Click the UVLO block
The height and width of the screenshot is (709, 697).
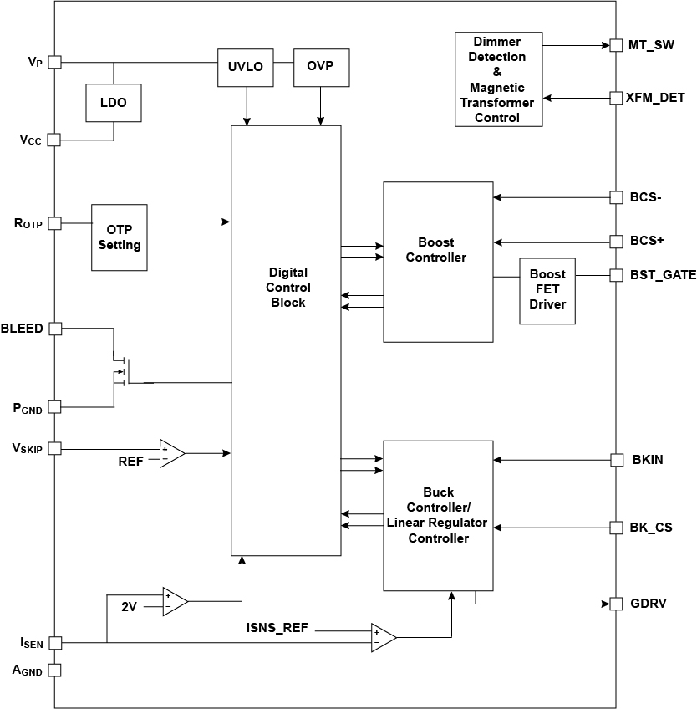click(246, 68)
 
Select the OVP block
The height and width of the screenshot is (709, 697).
click(320, 68)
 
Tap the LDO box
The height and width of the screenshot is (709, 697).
click(114, 103)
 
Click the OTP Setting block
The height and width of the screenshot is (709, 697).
click(120, 237)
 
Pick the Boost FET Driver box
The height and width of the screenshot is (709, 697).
click(547, 289)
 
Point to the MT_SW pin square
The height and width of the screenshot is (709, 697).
click(616, 45)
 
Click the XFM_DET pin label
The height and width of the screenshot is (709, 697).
click(656, 98)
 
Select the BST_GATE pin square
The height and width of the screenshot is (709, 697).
click(616, 274)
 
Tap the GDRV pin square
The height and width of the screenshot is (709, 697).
click(616, 603)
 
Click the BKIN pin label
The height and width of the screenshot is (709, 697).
click(648, 460)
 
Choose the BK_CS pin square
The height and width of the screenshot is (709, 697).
click(616, 528)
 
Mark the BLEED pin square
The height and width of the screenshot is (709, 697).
click(55, 329)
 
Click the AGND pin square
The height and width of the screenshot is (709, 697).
click(55, 670)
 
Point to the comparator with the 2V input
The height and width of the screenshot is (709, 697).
click(174, 601)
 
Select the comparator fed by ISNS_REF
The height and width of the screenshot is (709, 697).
click(383, 637)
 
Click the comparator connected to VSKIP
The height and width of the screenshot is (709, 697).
click(171, 453)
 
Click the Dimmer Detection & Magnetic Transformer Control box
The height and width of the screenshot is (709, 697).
click(498, 79)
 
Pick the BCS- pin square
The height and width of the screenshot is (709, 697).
click(616, 198)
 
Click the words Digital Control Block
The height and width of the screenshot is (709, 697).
click(288, 288)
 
